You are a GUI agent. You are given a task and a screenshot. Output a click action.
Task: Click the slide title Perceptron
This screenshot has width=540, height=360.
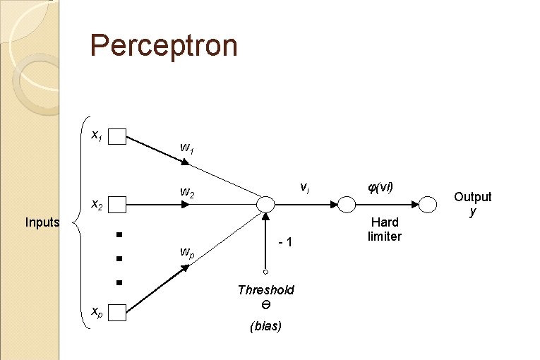click(164, 47)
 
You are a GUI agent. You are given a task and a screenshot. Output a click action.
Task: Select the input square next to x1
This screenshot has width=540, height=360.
click(117, 136)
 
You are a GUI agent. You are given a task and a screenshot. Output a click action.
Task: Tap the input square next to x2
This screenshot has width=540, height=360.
click(117, 205)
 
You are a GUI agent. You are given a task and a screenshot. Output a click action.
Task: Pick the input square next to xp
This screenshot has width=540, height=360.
click(117, 312)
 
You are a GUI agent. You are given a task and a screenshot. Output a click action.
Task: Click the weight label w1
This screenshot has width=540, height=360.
click(187, 148)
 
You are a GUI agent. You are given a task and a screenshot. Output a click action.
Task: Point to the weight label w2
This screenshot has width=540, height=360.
click(187, 192)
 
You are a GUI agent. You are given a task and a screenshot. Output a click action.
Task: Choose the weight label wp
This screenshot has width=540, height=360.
click(187, 252)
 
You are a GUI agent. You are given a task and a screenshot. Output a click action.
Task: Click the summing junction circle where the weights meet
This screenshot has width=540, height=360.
click(265, 205)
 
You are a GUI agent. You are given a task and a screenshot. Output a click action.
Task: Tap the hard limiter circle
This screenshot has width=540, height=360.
click(347, 205)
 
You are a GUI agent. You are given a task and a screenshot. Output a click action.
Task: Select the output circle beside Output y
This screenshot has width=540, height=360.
click(428, 205)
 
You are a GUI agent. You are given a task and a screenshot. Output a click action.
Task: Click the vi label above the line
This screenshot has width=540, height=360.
click(304, 188)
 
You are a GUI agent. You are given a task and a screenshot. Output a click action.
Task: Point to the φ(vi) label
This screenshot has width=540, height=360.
click(380, 188)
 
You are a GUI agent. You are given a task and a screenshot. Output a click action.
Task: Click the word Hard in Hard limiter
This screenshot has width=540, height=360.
click(385, 222)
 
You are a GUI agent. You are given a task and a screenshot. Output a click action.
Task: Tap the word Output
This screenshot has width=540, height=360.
click(472, 197)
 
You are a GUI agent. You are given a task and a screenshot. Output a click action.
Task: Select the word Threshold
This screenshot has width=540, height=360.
click(265, 290)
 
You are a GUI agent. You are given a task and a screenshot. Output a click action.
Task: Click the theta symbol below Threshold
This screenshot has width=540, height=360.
click(265, 305)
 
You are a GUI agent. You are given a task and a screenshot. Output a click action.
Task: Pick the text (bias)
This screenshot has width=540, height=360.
click(265, 326)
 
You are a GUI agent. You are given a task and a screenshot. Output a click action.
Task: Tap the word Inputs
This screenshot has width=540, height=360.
click(42, 222)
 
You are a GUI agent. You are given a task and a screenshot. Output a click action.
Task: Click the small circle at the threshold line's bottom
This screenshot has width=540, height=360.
click(265, 272)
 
